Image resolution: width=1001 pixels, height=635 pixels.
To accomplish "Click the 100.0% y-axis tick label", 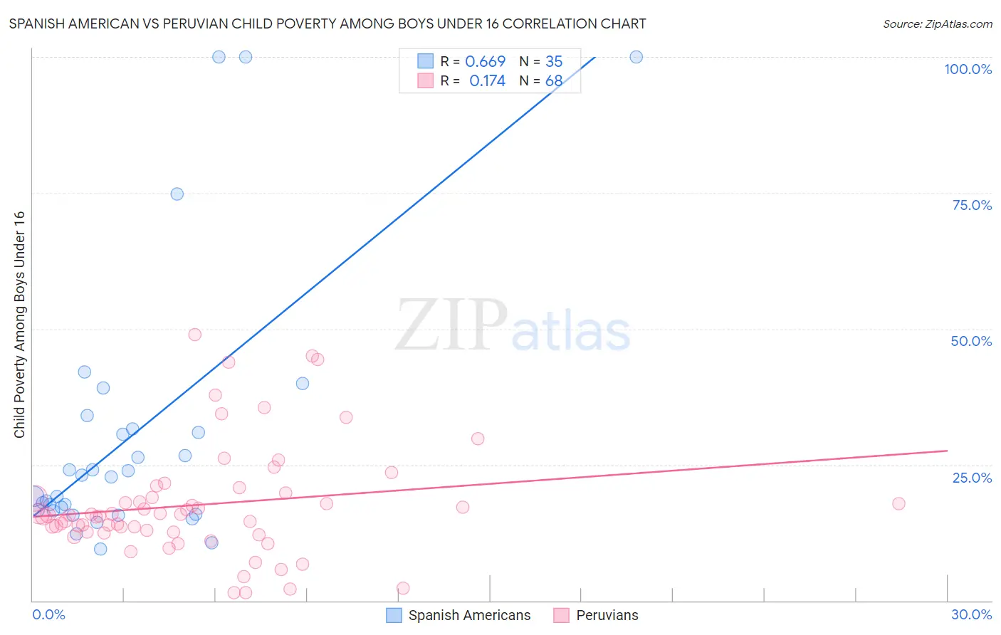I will tap(968, 69).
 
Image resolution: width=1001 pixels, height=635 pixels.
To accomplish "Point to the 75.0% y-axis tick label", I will tap(972, 205).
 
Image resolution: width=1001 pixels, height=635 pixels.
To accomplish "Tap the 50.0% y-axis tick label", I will tap(971, 341).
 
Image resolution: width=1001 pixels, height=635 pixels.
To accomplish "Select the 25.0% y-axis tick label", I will tap(972, 478).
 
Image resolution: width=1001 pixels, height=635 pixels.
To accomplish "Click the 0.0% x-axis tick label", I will tap(48, 614).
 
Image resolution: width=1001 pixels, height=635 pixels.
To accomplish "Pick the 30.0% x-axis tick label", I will tap(971, 614).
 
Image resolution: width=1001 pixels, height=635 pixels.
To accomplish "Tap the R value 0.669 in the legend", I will tap(485, 62).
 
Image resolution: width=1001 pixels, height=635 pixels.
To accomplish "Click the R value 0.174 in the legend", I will tap(487, 81).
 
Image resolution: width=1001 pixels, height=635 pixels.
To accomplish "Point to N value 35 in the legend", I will tap(554, 62).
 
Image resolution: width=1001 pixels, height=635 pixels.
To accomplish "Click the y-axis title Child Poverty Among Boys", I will tap(19, 325).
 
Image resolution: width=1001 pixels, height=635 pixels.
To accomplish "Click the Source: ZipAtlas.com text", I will tap(937, 23).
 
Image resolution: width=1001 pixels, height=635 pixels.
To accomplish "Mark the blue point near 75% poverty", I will tap(177, 194).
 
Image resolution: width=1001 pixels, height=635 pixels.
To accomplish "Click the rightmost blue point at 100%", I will tap(636, 57).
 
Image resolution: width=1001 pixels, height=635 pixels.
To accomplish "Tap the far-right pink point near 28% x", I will tap(898, 503).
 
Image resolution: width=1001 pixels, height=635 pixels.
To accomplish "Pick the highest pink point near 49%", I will tap(194, 335).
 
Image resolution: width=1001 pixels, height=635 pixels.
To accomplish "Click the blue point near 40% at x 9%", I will tap(303, 384).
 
